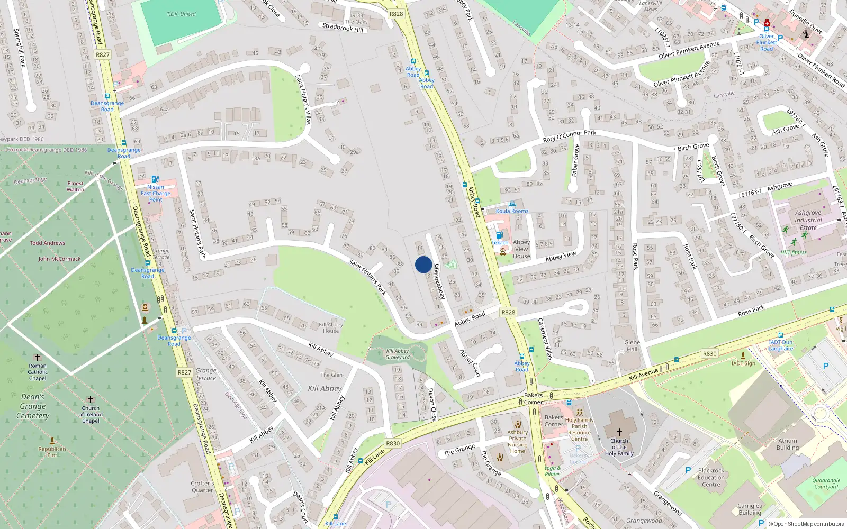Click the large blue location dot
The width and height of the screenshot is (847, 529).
point(424,264)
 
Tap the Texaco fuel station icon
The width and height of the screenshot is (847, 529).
point(499,235)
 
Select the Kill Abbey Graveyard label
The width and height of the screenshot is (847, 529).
point(398,354)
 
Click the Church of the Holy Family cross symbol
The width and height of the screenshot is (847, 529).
point(619,432)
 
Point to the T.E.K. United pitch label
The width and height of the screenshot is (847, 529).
point(181,14)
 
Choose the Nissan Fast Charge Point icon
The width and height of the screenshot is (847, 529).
point(155,179)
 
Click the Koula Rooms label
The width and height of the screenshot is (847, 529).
point(512,211)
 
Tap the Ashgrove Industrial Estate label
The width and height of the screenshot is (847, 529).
point(808,220)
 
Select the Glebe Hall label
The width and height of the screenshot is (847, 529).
point(632,346)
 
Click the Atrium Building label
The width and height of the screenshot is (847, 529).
point(787,444)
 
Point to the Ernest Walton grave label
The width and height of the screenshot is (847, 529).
point(75,186)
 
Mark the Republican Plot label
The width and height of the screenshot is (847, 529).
point(52,452)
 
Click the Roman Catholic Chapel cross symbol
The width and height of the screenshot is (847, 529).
point(38,358)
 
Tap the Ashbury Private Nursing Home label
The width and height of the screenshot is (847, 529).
point(518,441)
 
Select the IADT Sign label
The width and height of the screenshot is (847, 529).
point(743,363)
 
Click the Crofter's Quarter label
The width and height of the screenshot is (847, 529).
point(202,487)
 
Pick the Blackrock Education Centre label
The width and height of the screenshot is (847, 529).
point(711,477)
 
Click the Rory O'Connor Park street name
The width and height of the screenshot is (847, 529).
point(570,136)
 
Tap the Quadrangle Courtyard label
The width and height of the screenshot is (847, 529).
point(826,484)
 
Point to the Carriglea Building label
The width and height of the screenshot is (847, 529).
point(750,509)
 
